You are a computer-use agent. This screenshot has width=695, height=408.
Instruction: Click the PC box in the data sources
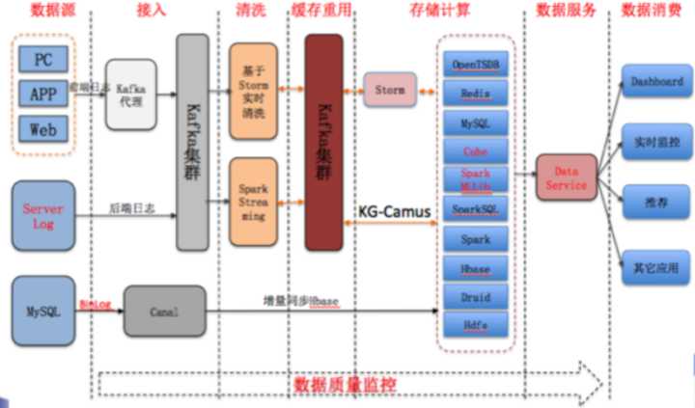pos(43,59)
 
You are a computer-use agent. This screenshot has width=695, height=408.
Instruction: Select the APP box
pos(43,94)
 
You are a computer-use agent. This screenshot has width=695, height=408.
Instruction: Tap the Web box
pos(43,127)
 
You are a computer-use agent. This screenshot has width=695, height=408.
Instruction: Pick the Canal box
pos(164,311)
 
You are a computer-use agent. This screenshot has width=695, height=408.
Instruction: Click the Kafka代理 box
pos(130,94)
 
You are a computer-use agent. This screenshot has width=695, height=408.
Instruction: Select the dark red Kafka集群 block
pos(323,142)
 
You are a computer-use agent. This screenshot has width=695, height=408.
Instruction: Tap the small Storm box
pos(390,90)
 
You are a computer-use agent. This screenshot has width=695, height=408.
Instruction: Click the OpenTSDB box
pos(476,64)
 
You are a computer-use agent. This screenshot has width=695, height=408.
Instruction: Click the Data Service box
pos(566,177)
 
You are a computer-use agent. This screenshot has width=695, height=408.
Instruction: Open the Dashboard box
pos(656,82)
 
